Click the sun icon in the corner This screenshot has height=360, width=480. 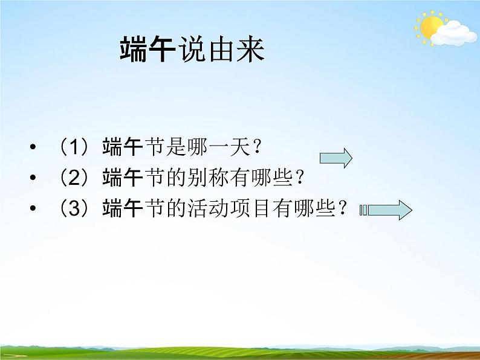(x=430, y=27)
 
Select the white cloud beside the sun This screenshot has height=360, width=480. (x=457, y=32)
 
